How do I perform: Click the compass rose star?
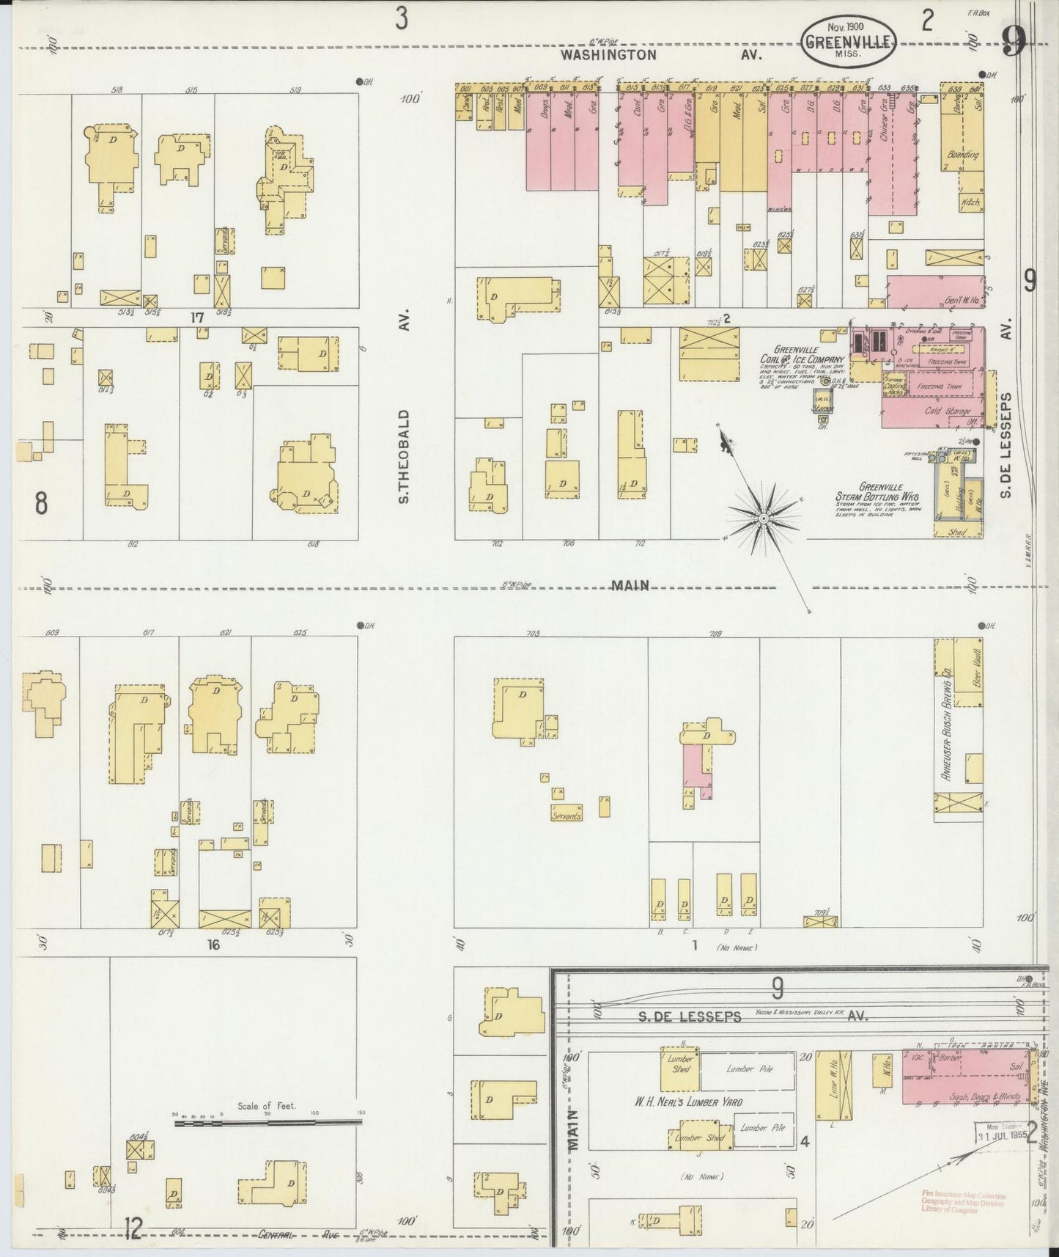[763, 518]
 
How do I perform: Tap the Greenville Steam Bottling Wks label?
[878, 496]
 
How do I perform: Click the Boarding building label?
[963, 155]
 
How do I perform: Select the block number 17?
[196, 318]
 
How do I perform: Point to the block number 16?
[213, 945]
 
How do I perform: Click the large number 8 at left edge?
[41, 503]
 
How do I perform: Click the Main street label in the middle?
[630, 585]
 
